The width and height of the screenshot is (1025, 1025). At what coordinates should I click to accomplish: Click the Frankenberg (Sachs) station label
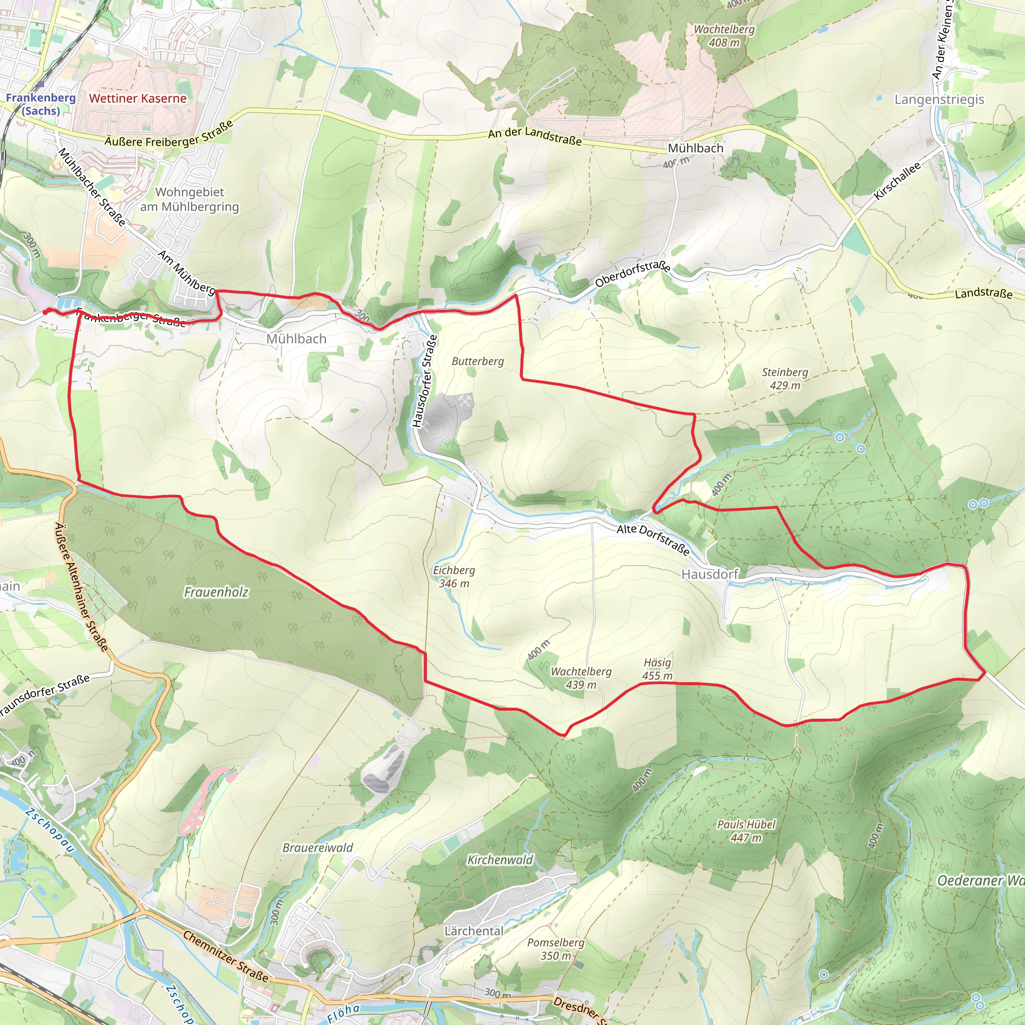41,104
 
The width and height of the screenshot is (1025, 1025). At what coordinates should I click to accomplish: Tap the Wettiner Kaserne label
138,98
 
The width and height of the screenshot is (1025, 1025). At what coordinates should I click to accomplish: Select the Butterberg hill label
477,361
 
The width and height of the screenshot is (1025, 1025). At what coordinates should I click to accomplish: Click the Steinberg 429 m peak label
785,379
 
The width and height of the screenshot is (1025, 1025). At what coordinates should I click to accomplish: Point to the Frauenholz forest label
216,592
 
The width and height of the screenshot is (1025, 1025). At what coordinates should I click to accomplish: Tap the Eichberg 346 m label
453,577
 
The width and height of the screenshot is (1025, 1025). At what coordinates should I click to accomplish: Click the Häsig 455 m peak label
657,669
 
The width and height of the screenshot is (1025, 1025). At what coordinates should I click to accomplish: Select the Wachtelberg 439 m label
581,678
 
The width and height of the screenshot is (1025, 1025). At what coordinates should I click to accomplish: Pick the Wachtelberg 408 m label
724,36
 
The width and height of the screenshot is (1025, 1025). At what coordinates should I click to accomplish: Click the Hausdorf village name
709,575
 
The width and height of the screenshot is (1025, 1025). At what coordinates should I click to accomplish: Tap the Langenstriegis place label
939,99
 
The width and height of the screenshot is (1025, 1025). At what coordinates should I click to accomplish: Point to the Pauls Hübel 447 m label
746,831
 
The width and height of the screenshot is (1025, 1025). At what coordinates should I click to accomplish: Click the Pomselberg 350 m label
556,949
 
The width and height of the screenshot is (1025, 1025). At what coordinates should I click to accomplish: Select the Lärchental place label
474,931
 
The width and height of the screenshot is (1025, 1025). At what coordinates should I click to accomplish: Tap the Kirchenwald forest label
500,860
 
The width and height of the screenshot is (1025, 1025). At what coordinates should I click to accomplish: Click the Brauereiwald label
317,848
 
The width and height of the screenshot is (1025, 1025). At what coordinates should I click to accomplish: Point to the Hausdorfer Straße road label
425,380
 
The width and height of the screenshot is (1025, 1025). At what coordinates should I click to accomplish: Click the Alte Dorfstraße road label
653,540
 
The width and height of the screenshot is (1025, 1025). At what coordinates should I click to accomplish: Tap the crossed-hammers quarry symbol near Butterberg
466,401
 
